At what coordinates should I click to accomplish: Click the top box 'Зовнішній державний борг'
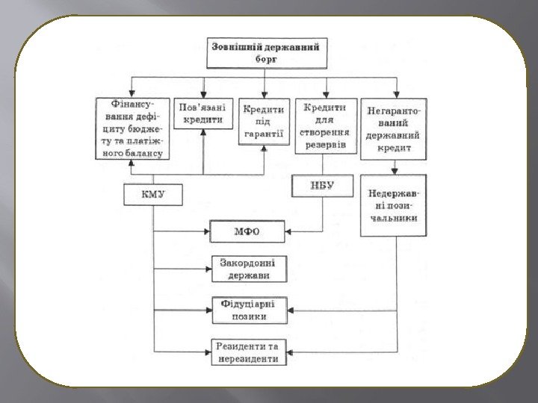(266, 52)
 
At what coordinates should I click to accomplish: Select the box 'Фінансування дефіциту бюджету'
(132, 129)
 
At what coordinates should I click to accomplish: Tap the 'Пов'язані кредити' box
(204, 113)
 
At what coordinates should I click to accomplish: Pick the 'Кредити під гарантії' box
(264, 121)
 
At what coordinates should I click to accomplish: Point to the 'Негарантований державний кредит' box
(394, 129)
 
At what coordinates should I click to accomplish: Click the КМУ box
(153, 196)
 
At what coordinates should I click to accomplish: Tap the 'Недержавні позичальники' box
(394, 205)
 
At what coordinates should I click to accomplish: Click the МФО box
(247, 231)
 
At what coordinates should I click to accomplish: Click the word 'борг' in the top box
(266, 60)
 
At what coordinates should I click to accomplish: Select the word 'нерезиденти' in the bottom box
(249, 359)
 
